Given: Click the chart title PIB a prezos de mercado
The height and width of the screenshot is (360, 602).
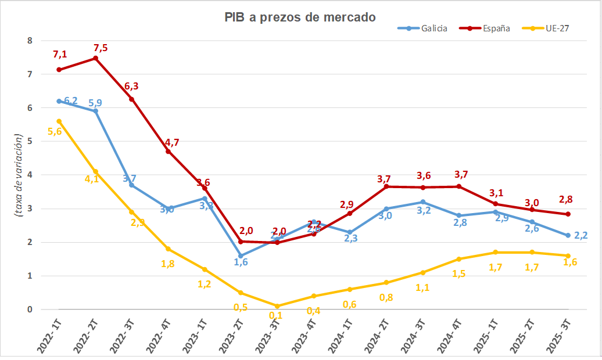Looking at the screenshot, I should pos(300,17).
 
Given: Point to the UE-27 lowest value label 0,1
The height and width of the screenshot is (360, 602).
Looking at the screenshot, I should pos(277,316).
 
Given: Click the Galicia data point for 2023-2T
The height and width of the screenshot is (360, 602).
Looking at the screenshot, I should pos(241,255).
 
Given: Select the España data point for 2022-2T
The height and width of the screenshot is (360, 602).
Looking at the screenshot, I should pos(96,58).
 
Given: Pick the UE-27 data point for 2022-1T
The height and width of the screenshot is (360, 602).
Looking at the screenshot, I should pos(59,121).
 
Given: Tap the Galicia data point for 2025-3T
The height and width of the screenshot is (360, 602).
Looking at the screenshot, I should pos(568,235).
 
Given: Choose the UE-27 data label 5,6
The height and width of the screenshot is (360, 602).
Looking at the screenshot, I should pos(55,132).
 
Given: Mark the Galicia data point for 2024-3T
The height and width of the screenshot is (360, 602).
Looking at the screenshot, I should pos(422,202).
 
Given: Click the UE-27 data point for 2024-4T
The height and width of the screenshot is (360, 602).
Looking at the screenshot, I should pos(459,259).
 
